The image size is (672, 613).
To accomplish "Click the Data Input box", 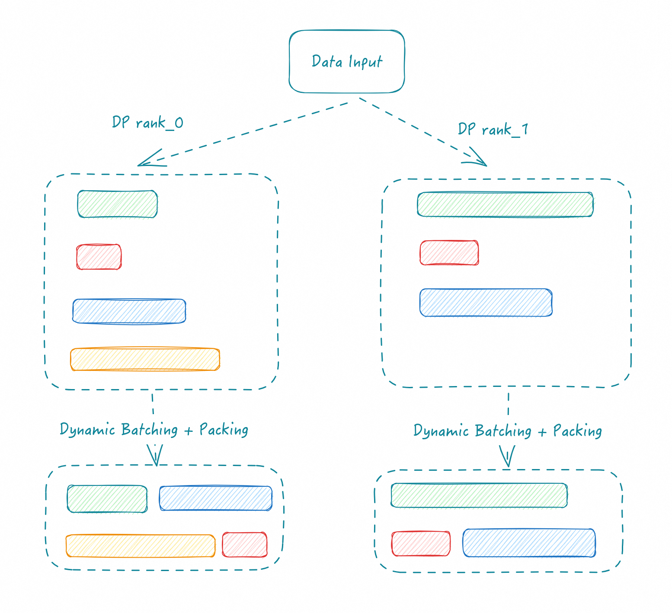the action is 347,61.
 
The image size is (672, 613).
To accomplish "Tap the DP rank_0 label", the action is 147,123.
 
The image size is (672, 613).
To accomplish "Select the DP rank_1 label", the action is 493,129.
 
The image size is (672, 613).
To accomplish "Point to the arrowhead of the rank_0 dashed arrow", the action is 138,166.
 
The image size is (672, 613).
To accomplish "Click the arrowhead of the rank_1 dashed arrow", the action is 486,166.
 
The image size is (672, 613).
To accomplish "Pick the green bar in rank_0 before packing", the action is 118,204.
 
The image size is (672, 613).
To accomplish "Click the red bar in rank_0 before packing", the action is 99,257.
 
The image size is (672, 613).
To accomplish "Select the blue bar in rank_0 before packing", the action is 129,311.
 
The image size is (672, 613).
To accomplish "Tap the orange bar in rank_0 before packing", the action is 145,359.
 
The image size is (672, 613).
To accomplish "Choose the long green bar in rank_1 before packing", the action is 506,204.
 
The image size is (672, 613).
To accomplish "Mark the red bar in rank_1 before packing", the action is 449,252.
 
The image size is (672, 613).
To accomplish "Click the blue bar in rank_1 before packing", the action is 486,303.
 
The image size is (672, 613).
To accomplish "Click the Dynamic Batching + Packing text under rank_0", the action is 154,430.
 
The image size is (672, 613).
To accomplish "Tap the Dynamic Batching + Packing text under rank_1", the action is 508,431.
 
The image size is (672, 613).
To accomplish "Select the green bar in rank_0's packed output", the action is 107,499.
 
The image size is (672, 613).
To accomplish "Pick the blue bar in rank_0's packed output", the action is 216,498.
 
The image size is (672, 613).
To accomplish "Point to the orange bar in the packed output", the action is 141,546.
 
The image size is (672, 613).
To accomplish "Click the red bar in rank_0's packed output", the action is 245,545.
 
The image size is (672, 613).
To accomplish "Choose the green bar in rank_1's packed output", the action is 479,495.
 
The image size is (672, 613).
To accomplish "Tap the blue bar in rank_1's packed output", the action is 529,543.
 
